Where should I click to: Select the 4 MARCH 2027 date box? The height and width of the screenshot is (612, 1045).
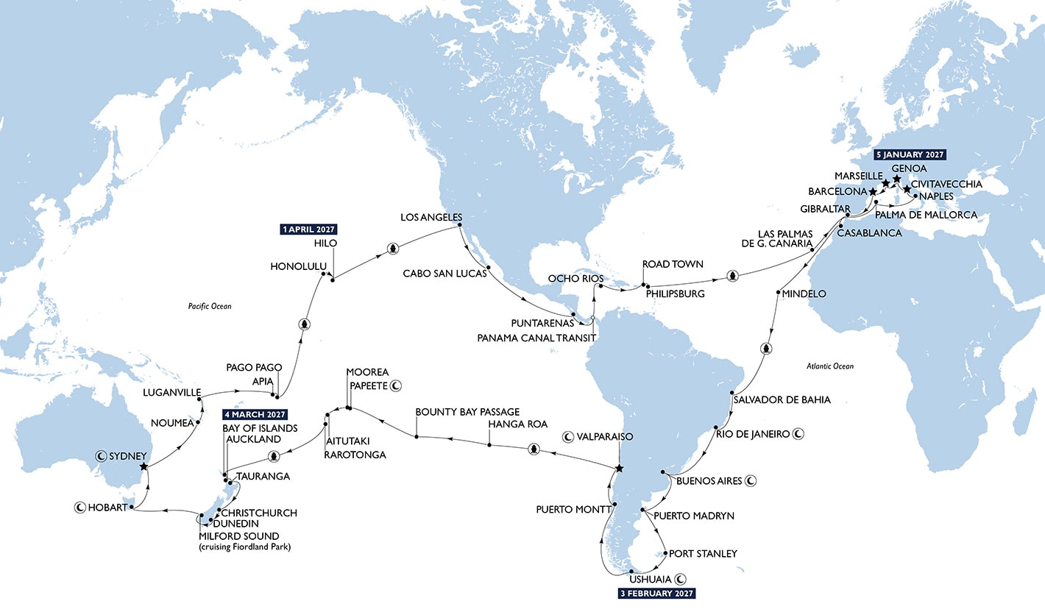pyautogui.click(x=255, y=415)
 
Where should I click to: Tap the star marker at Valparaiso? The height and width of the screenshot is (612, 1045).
pyautogui.click(x=619, y=469)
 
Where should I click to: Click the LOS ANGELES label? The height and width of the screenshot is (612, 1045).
pyautogui.click(x=431, y=218)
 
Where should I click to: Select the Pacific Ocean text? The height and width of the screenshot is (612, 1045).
pyautogui.click(x=210, y=305)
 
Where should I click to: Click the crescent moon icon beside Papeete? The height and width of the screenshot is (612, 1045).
pyautogui.click(x=396, y=385)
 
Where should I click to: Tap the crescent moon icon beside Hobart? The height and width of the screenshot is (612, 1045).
pyautogui.click(x=79, y=507)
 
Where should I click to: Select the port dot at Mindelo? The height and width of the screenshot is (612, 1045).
pyautogui.click(x=778, y=293)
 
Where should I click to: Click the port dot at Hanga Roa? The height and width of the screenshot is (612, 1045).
pyautogui.click(x=489, y=444)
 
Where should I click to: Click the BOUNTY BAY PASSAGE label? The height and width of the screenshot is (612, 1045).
pyautogui.click(x=467, y=412)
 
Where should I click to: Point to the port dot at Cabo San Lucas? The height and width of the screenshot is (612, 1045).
pyautogui.click(x=489, y=267)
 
